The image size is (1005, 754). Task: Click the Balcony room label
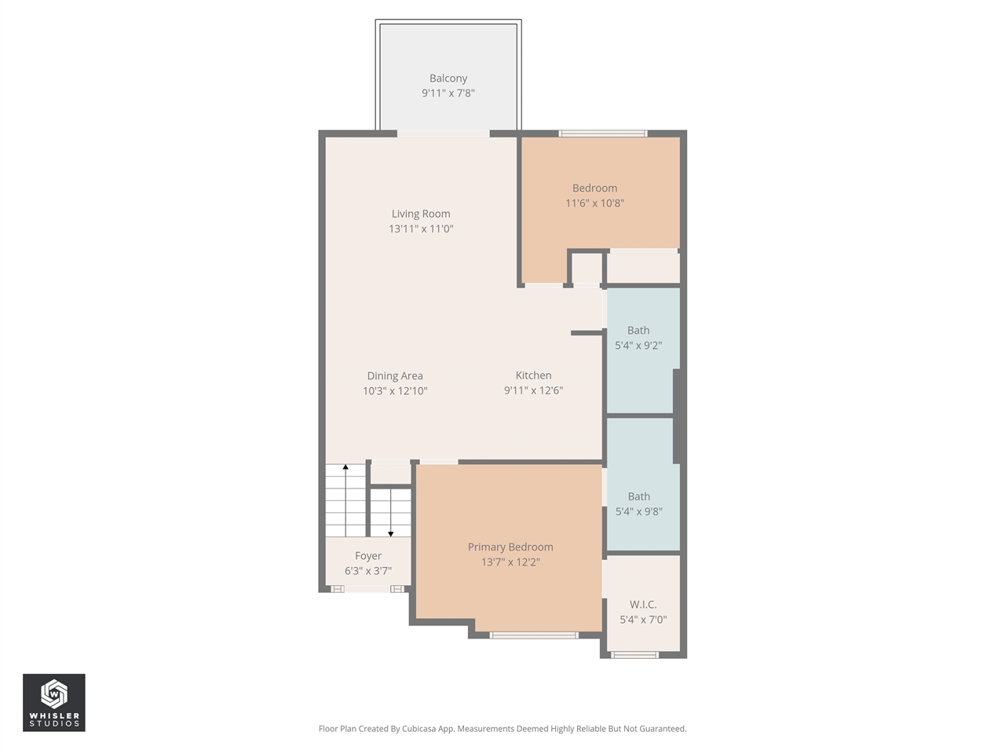point(448,79)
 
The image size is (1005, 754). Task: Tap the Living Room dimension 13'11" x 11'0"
point(421,229)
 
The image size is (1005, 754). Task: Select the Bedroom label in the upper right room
point(594,188)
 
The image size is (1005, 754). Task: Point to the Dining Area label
point(395,375)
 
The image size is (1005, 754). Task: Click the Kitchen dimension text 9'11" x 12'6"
point(533,390)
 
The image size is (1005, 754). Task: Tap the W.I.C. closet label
point(643,604)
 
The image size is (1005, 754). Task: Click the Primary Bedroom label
point(510,547)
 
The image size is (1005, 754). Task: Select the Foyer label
point(368,556)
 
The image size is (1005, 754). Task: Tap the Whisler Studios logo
point(54,702)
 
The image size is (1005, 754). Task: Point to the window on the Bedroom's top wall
point(603,134)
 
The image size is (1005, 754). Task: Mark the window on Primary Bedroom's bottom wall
point(534,635)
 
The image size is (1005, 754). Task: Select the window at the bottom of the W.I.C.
point(635,654)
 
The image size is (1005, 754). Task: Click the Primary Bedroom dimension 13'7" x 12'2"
point(510,562)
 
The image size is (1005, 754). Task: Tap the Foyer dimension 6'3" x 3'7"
point(368,571)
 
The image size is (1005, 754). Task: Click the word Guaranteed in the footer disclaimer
point(661,729)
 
